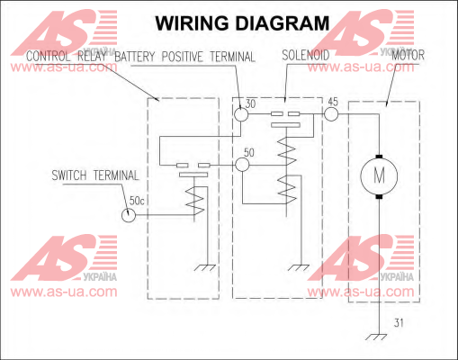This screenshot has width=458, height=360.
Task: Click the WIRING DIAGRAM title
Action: (242, 23)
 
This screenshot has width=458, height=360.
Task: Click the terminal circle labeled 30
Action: (241, 114)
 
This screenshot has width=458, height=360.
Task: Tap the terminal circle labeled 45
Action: (331, 114)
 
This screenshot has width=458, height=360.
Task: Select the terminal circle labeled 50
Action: (242, 165)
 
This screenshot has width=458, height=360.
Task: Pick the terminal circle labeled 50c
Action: (129, 215)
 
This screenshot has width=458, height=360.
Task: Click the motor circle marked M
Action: (379, 175)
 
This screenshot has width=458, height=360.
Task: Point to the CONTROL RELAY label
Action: (67, 57)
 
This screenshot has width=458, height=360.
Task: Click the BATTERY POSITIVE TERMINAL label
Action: (184, 57)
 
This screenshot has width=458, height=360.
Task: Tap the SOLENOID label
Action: (306, 55)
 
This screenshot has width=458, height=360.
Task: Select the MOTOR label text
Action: (409, 55)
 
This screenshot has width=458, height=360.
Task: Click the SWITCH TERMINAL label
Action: (95, 175)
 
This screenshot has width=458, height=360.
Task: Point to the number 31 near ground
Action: (399, 323)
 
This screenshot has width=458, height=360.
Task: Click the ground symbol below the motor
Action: (376, 337)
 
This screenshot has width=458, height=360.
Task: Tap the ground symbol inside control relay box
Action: (205, 267)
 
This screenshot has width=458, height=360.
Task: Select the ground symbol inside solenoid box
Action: (298, 267)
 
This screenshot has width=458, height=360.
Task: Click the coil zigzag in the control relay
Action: (195, 201)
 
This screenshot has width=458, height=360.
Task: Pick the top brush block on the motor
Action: (379, 157)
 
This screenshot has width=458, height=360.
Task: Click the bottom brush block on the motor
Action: (379, 197)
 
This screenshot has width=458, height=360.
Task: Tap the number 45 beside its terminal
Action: (333, 102)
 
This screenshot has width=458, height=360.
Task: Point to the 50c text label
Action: (137, 201)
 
